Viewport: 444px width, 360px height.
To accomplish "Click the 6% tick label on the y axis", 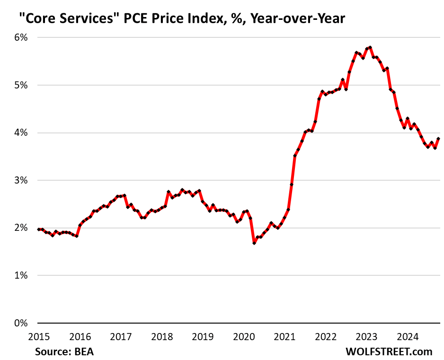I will [x=21, y=37].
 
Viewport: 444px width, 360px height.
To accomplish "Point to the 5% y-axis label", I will [x=21, y=85].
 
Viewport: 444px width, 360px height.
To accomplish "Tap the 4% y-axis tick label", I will [x=21, y=133].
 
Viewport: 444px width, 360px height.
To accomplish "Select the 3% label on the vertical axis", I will [x=21, y=180].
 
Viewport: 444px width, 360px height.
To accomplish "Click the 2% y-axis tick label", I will [x=21, y=228].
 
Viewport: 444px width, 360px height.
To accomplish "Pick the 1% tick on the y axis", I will [x=21, y=276].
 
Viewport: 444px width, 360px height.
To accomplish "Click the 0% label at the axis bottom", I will [x=21, y=324].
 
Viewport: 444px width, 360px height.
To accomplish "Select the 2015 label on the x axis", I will [x=39, y=337].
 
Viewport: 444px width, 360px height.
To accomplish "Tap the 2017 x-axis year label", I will [x=121, y=337].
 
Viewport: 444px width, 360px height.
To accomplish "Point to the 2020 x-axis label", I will [x=244, y=337].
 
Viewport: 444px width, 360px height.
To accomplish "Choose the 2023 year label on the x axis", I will [x=366, y=337].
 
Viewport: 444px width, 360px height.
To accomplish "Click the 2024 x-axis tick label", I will [x=407, y=337].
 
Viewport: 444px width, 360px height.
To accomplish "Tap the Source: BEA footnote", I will [x=67, y=351].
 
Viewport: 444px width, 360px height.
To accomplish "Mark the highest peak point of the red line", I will [x=370, y=47].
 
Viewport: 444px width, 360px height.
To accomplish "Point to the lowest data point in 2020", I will [x=254, y=243].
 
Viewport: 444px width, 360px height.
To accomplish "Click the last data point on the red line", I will [x=438, y=139].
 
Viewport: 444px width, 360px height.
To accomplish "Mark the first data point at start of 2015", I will [x=39, y=229].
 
